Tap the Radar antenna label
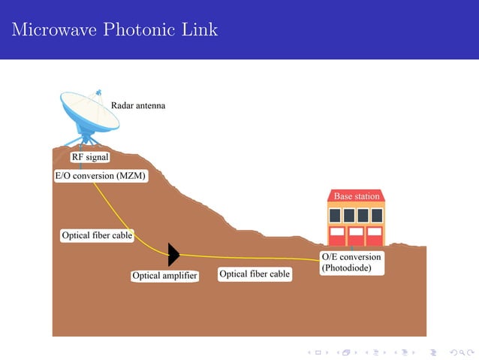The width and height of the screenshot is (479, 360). point(138,106)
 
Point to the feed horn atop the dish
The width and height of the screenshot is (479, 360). point(98,92)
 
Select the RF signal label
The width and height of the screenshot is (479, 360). point(90,157)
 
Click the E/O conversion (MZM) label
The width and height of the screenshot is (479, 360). point(101,176)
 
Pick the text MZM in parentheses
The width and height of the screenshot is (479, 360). point(130,176)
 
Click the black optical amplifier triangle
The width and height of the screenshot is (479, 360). point(173,255)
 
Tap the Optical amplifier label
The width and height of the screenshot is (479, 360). point(164,276)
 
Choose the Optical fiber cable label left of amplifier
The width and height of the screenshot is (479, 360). point(97,235)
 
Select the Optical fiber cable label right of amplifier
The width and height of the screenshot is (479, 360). point(255,274)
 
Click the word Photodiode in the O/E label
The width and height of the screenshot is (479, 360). point(346,267)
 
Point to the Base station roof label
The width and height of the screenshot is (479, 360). point(357,196)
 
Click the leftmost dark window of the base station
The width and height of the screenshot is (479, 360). point(336,215)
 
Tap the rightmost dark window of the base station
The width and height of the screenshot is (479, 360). point(377,215)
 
